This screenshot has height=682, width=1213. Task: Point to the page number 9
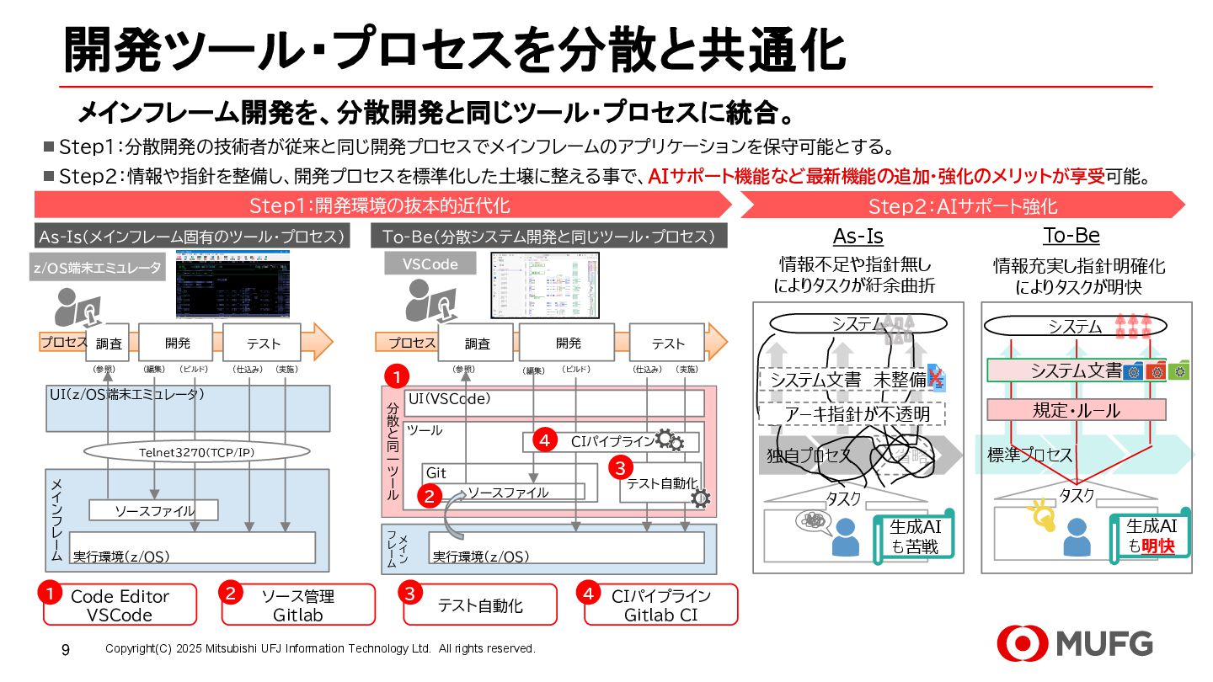click(x=66, y=649)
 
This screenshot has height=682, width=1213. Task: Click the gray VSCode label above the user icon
click(x=430, y=264)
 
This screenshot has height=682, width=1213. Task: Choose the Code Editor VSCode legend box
click(x=120, y=605)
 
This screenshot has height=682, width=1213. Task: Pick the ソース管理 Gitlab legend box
click(x=298, y=605)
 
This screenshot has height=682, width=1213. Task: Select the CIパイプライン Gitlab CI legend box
click(x=661, y=605)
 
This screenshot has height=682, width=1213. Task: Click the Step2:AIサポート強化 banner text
click(x=963, y=206)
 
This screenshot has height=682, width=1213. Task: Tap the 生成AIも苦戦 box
click(x=915, y=535)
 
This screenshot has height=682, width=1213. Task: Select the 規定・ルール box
click(x=1076, y=410)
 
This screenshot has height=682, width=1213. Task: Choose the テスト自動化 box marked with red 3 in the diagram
click(x=662, y=483)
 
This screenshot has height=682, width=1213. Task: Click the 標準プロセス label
click(x=1029, y=456)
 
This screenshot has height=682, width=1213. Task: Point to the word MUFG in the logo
click(x=1104, y=644)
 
